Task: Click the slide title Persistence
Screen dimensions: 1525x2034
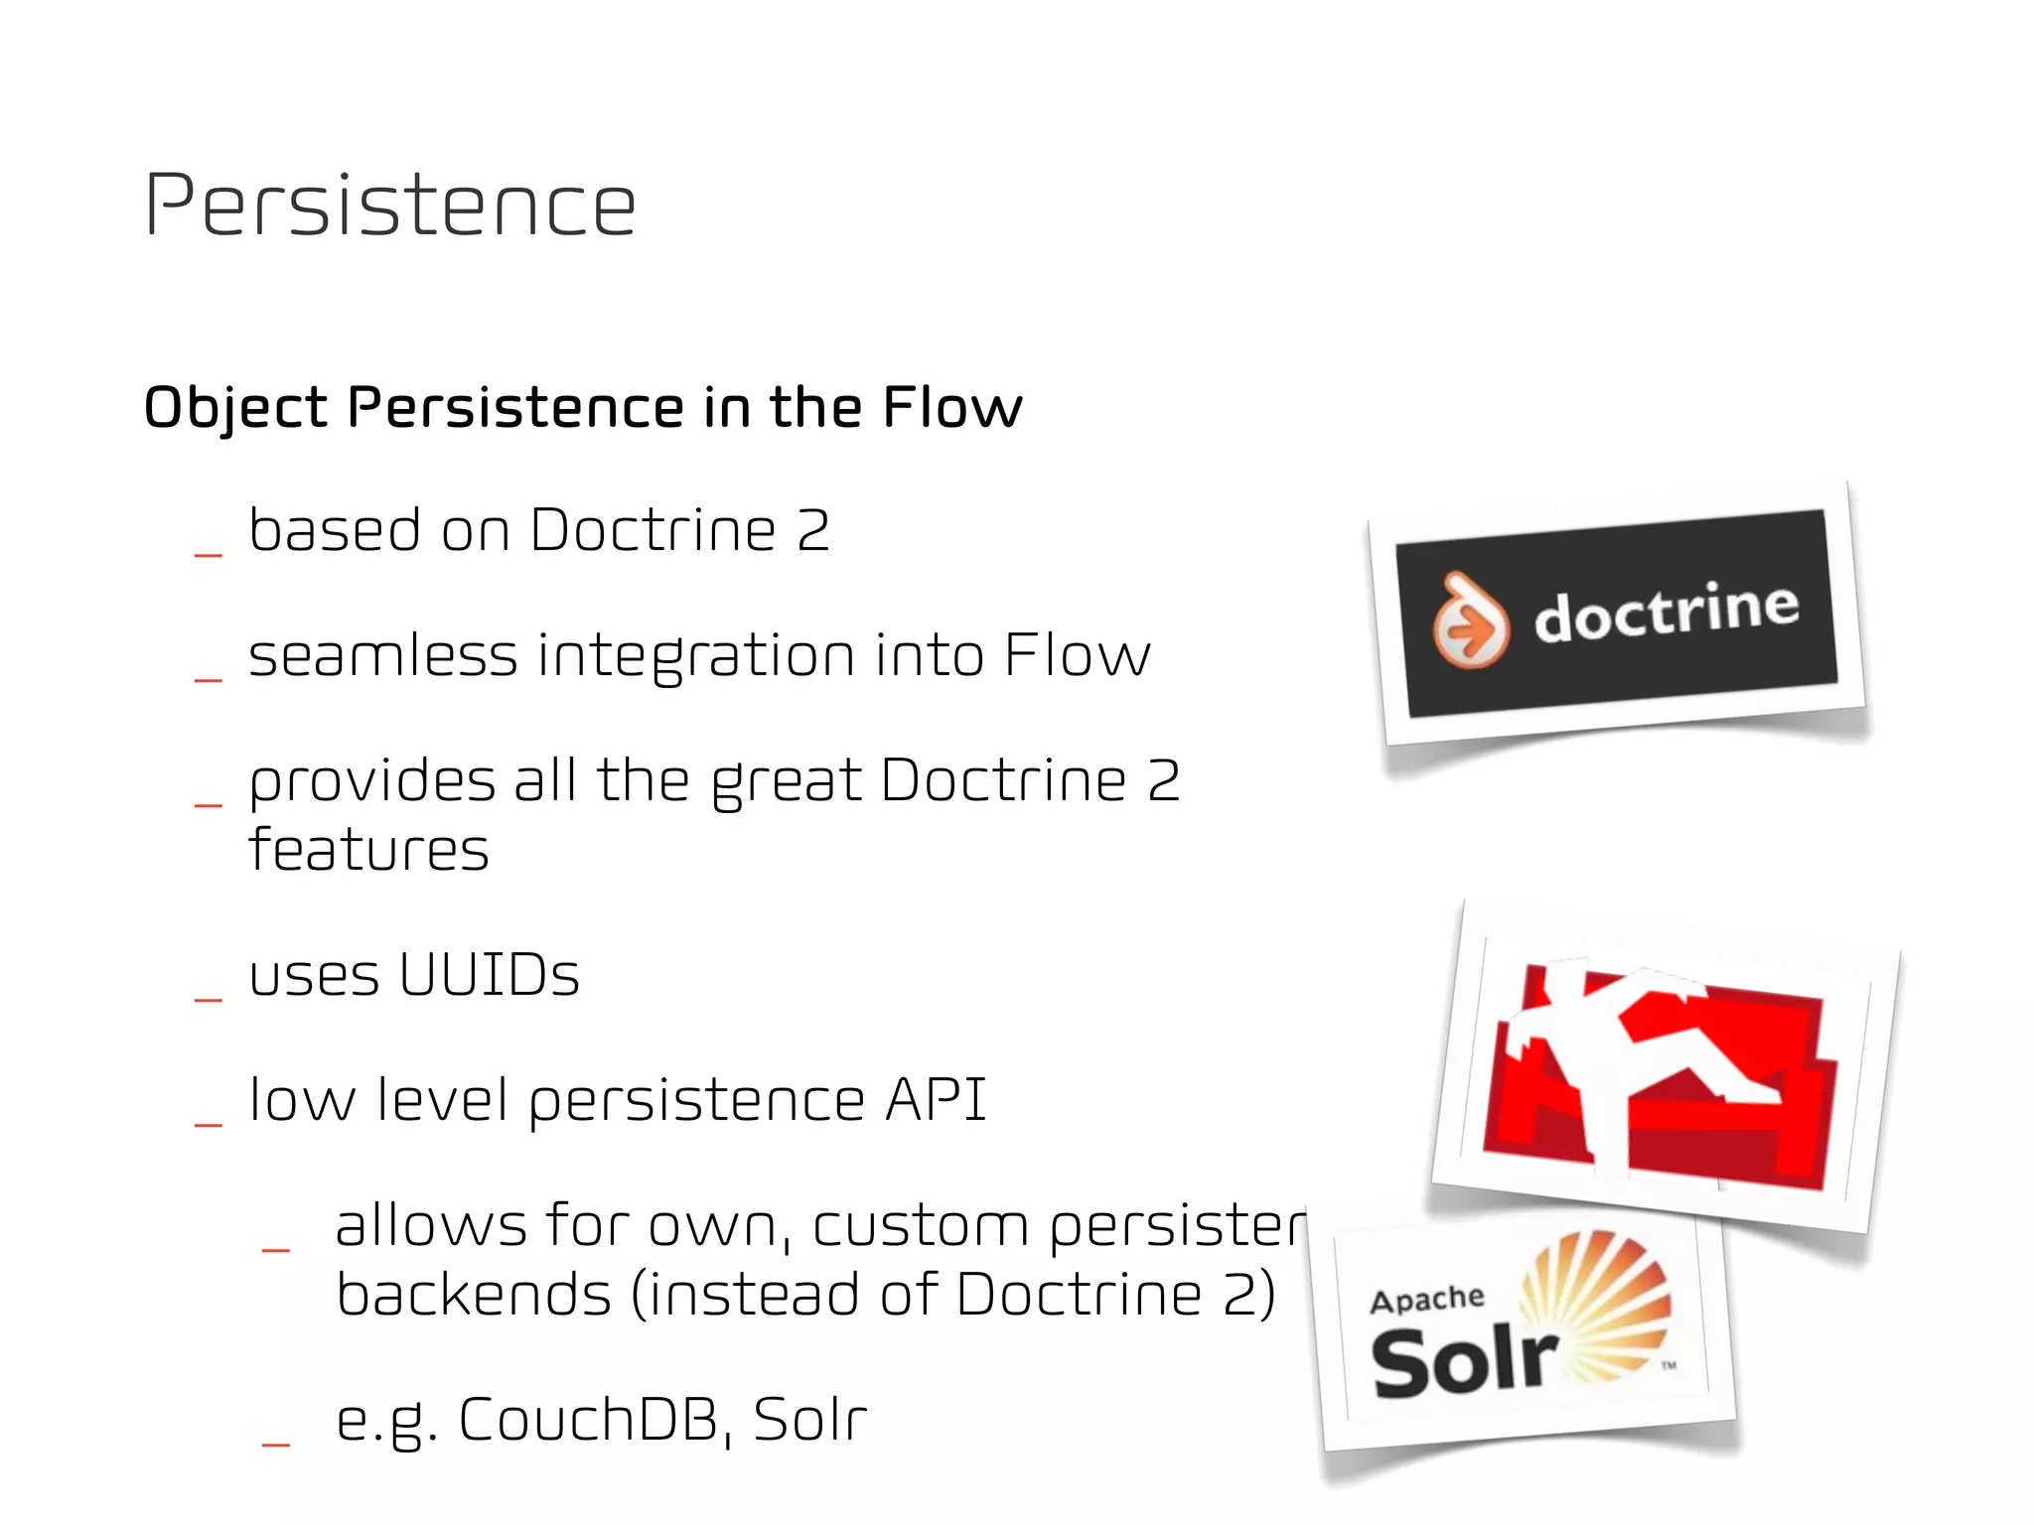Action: tap(389, 206)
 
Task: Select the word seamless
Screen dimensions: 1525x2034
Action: tap(382, 656)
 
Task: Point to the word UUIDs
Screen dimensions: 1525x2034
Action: tap(489, 975)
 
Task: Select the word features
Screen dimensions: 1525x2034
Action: tap(368, 850)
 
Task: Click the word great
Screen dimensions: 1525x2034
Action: tap(787, 782)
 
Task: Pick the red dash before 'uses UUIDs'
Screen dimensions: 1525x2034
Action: tap(209, 1000)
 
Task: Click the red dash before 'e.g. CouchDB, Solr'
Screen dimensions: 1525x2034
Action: tap(275, 1445)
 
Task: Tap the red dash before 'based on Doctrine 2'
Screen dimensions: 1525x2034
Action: tap(209, 555)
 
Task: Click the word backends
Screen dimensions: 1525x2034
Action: tap(474, 1296)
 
